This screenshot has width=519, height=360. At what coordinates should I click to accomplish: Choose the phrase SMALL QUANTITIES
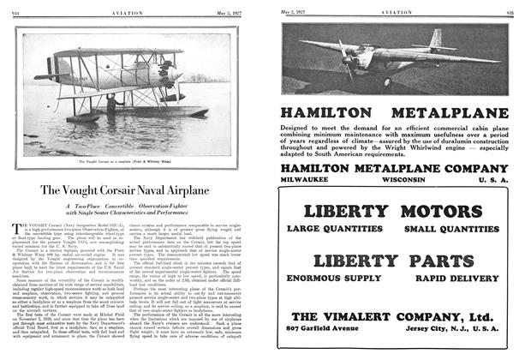pyautogui.click(x=450, y=229)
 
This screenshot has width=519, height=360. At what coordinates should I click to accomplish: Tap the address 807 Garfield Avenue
pyautogui.click(x=323, y=328)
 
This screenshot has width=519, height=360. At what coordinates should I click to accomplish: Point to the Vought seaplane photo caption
pyautogui.click(x=127, y=160)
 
